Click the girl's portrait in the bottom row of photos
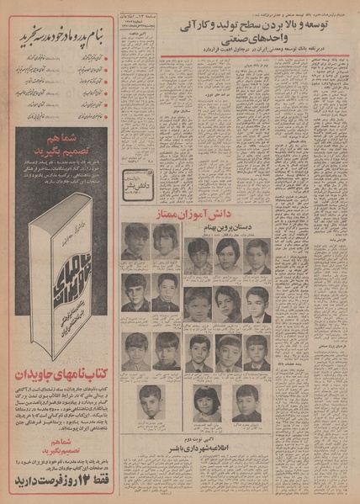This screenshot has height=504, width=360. pos(206,402)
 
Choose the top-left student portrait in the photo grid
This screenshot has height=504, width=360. pos(135,242)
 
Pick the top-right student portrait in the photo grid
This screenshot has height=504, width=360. pos(256,256)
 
